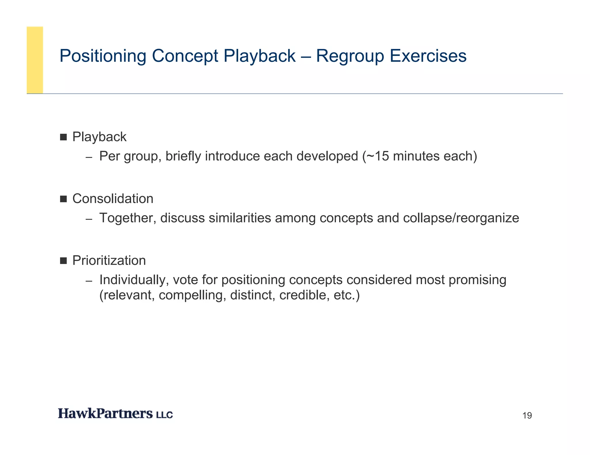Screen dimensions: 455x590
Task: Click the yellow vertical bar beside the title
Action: [x=35, y=60]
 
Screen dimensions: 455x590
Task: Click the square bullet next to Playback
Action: [x=63, y=137]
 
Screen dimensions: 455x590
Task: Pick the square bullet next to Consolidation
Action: [x=63, y=199]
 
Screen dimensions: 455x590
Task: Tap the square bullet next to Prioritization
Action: [x=63, y=261]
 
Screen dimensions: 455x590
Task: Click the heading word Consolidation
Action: [x=113, y=199]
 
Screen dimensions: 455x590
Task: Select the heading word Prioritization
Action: [x=109, y=261]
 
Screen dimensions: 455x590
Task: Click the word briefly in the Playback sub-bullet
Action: [x=183, y=156]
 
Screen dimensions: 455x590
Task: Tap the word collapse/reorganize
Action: [x=461, y=218]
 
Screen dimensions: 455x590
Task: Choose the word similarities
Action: [x=240, y=218]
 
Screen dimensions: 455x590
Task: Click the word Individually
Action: [x=134, y=280]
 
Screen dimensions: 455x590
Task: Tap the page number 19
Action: [x=527, y=416]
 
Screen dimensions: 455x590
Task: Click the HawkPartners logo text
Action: [x=105, y=414]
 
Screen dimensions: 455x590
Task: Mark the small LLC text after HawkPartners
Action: [x=164, y=415]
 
